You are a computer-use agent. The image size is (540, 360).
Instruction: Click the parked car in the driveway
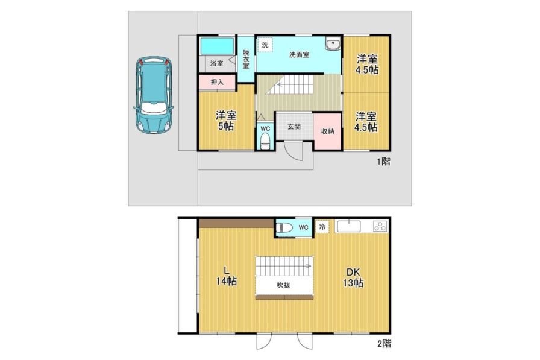tap(154, 95)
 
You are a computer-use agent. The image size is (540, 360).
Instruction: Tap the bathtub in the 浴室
tap(217, 46)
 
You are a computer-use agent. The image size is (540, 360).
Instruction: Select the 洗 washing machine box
tap(265, 45)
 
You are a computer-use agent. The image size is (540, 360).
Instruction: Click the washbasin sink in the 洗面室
tap(332, 44)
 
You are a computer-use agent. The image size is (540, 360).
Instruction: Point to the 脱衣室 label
tap(246, 59)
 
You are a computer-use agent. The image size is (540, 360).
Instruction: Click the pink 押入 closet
tap(217, 82)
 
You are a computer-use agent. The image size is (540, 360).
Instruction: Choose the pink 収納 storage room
tap(327, 131)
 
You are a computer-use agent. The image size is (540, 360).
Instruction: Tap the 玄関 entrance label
tap(294, 127)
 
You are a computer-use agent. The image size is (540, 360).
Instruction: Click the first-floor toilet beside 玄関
tap(265, 141)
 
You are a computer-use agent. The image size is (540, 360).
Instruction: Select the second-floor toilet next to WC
tap(284, 227)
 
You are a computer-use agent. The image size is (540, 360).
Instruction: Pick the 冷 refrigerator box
tap(322, 227)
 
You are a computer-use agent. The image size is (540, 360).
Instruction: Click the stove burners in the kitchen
tap(380, 226)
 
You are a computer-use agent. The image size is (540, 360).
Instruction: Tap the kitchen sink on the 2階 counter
tap(349, 226)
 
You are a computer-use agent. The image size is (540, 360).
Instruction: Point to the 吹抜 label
tap(283, 285)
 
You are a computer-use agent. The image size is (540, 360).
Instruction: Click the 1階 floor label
tap(384, 162)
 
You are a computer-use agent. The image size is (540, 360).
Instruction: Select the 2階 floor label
tap(385, 344)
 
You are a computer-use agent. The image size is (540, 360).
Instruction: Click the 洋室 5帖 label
tap(226, 121)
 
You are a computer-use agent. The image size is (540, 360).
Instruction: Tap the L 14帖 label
tap(226, 276)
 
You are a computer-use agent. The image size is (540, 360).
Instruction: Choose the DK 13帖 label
tap(353, 277)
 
